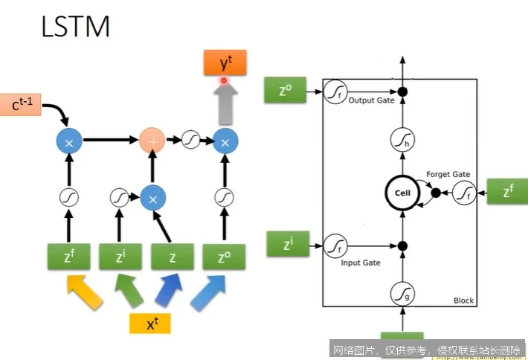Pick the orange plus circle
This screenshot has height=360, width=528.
pos(152,139)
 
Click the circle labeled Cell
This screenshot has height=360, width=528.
pos(402,193)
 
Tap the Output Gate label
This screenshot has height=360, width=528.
pos(371,100)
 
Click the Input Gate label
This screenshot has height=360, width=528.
pos(361,263)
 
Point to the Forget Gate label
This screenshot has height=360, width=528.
pos(448,174)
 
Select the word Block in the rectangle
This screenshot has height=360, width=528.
pos(463,300)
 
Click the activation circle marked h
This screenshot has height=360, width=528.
pos(402,139)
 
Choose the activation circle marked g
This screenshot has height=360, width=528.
pos(402,294)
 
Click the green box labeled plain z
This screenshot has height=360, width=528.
pos(172,257)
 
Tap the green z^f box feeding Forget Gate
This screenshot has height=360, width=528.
pos(506,192)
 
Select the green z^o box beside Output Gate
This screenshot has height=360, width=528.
pos(285,91)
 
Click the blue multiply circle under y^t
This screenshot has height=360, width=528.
pos(224,139)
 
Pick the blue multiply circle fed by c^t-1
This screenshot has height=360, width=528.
pos(68,139)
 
